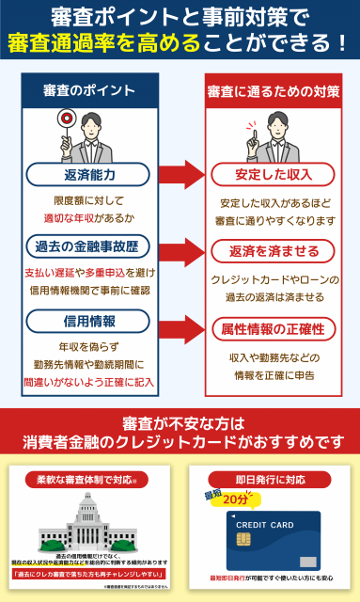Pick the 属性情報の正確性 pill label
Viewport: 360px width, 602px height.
click(273, 328)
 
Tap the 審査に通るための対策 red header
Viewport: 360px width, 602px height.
click(273, 90)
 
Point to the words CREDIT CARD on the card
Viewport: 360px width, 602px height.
click(257, 524)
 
